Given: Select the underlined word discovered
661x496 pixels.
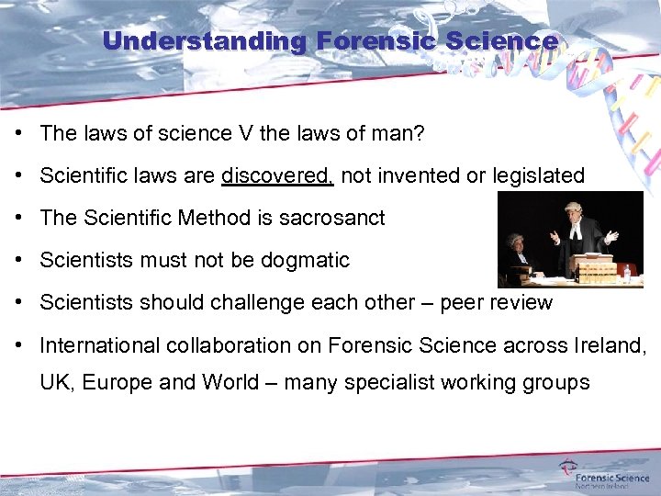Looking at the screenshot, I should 277,175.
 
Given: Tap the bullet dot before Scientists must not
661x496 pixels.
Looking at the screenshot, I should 19,260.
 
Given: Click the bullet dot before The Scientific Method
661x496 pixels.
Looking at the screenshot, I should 19,218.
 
